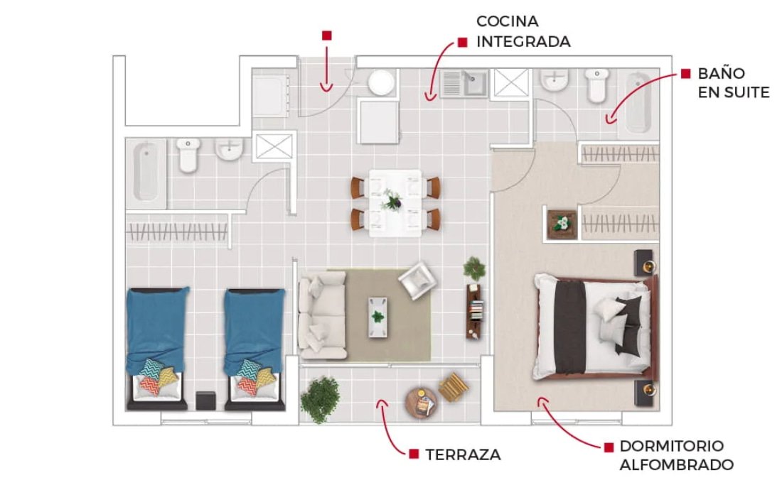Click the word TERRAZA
(x=463, y=454)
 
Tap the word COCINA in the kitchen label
(x=507, y=21)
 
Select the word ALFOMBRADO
(x=676, y=464)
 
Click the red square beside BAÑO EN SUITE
(x=686, y=74)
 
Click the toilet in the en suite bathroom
(x=596, y=85)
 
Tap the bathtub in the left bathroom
(x=146, y=172)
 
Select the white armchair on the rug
(x=418, y=280)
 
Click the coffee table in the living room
(x=377, y=317)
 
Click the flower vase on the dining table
(x=392, y=201)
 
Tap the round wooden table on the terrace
(x=422, y=403)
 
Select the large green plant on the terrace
(x=321, y=398)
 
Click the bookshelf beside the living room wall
(x=474, y=311)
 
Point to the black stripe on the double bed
(x=571, y=327)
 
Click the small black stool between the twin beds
(x=206, y=400)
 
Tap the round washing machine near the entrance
(x=381, y=82)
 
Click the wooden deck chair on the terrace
(x=454, y=387)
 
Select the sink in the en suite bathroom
(x=555, y=80)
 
